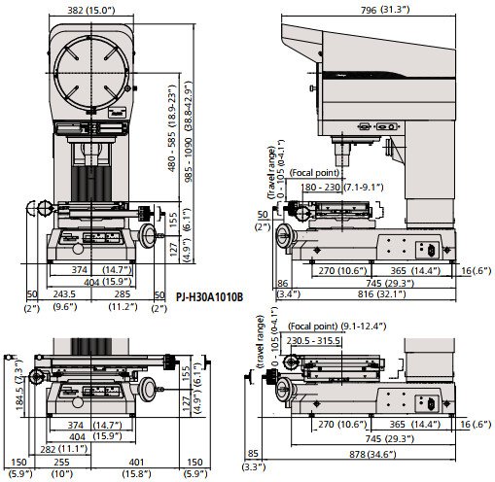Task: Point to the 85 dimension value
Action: [253, 451]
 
